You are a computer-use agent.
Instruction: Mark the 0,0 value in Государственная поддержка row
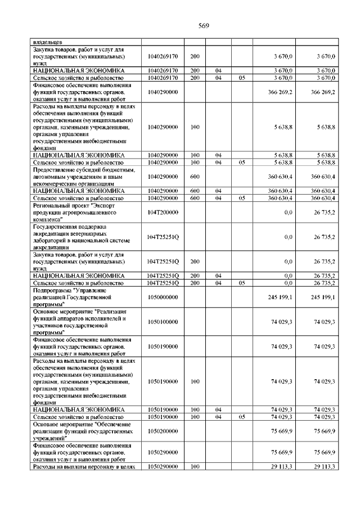click(288, 237)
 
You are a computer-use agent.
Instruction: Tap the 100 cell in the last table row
click(195, 467)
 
